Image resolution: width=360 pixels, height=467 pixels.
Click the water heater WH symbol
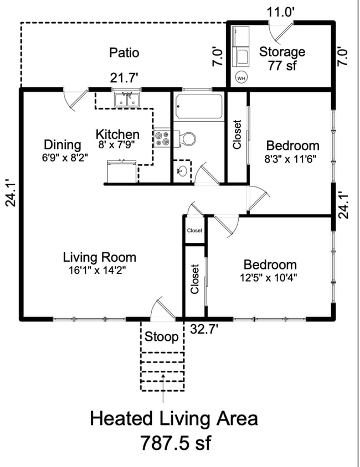241,78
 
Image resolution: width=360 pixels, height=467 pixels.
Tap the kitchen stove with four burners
162,138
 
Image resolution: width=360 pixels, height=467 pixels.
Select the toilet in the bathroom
186,138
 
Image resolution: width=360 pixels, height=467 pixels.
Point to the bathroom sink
182,170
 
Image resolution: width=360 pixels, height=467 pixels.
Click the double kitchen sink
128,100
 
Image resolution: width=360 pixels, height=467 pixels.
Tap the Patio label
124,53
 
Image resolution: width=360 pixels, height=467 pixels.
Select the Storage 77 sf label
282,59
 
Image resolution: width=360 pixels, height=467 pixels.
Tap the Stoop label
162,336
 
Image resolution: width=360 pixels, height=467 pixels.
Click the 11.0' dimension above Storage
280,12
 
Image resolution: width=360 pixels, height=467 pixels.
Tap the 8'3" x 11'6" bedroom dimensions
292,159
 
